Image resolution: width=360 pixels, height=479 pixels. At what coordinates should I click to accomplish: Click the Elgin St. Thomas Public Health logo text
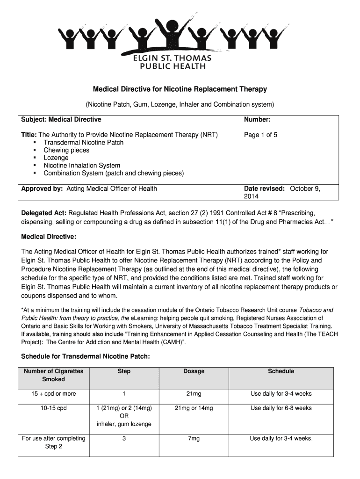click(173, 62)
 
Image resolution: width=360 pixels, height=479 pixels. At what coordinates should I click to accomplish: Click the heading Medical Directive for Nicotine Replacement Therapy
click(180, 89)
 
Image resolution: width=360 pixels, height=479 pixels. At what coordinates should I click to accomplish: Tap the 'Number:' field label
click(258, 120)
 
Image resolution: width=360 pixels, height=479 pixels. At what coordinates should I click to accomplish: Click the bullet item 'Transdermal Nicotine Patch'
click(83, 143)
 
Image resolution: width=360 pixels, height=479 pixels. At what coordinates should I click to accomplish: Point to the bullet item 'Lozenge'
click(56, 158)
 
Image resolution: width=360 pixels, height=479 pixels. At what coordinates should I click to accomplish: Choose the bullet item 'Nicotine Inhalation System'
click(82, 166)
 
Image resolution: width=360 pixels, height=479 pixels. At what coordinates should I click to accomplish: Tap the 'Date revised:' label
click(264, 189)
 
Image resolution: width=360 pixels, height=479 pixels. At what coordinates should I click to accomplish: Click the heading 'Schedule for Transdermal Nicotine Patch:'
click(86, 357)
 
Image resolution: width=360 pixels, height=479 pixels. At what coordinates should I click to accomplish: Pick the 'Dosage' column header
click(194, 371)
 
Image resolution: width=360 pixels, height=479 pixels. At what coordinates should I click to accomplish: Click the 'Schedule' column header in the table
click(281, 371)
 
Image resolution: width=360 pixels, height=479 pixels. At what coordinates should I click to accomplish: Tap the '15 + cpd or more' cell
click(53, 394)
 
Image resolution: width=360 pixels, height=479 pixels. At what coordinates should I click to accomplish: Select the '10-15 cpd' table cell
click(53, 408)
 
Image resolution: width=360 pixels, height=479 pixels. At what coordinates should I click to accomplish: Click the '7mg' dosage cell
click(194, 439)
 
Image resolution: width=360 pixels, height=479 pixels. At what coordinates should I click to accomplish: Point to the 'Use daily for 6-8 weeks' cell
click(281, 408)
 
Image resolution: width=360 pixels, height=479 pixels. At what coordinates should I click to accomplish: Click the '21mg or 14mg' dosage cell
click(194, 408)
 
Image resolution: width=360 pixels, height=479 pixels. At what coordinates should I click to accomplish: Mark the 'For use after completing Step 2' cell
click(53, 443)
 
